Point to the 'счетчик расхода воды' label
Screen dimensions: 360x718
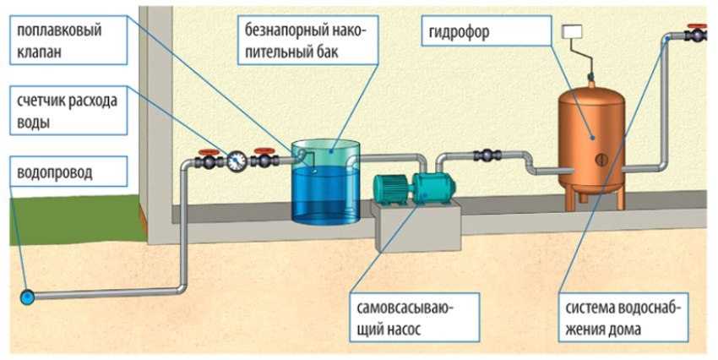67,111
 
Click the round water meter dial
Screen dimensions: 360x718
237,158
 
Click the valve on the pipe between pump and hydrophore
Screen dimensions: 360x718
487,155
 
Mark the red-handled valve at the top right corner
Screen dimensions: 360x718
698,35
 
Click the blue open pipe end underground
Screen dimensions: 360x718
28,297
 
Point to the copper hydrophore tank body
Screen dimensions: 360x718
590,127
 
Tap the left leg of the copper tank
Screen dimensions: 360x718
576,197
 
